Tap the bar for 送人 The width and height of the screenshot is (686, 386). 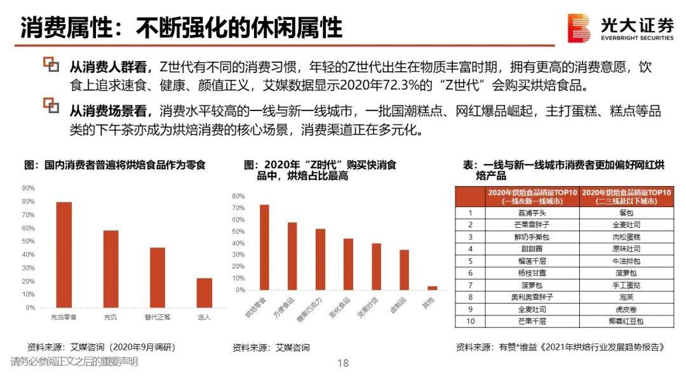[204, 293]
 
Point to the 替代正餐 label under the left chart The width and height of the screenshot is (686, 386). [157, 316]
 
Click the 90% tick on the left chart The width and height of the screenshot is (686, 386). [29, 188]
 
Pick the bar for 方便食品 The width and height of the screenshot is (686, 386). [292, 256]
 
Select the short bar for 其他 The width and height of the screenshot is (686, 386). [432, 288]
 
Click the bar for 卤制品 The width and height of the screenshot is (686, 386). [404, 270]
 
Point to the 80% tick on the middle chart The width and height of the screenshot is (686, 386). [239, 196]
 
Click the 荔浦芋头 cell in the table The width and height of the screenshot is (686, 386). [532, 213]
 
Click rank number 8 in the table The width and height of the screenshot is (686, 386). [471, 297]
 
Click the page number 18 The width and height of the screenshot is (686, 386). [343, 363]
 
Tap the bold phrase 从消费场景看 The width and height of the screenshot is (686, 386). [110, 112]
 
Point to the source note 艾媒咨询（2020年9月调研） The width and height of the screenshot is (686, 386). [102, 347]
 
